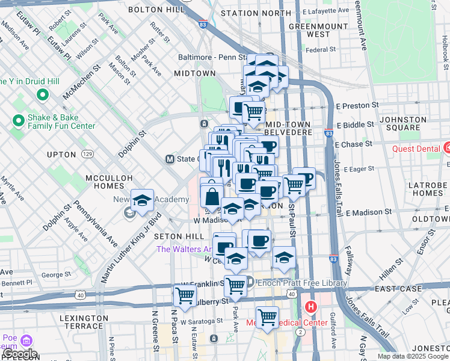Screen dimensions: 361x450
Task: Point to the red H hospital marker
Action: click(x=311, y=307)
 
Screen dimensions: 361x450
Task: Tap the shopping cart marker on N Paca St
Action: click(x=185, y=295)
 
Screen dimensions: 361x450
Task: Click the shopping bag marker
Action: click(x=212, y=196)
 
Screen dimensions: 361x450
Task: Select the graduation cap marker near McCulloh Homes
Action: click(x=143, y=200)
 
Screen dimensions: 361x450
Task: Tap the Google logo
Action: click(x=19, y=354)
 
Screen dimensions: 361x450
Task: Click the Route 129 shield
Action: click(x=88, y=155)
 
